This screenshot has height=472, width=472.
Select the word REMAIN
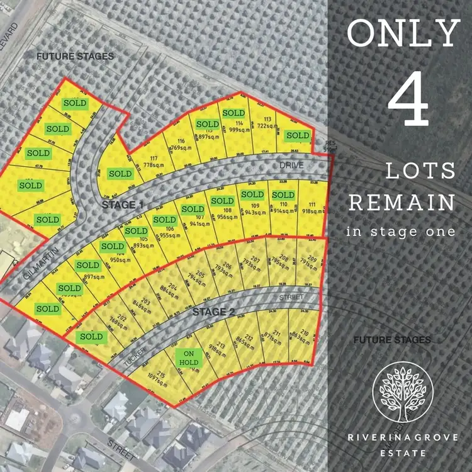[402, 203]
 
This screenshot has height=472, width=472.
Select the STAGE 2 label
[209, 312]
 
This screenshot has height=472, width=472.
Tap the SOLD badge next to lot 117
[120, 173]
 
